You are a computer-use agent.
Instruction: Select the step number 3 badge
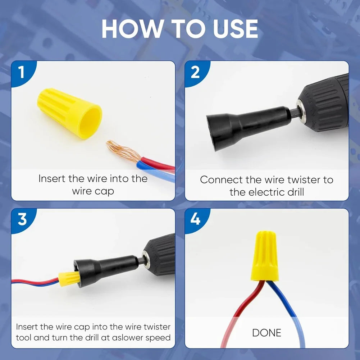(22, 219)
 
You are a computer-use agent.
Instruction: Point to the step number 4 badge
(195, 219)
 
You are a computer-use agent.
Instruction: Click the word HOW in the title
(132, 29)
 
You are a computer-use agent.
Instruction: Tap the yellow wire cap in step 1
(70, 114)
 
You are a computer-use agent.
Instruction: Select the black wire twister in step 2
(245, 124)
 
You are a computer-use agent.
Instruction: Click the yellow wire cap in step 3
(68, 278)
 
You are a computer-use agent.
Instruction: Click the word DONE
(266, 333)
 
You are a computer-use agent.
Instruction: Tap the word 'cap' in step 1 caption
(104, 191)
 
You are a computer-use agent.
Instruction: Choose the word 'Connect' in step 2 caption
(221, 180)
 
